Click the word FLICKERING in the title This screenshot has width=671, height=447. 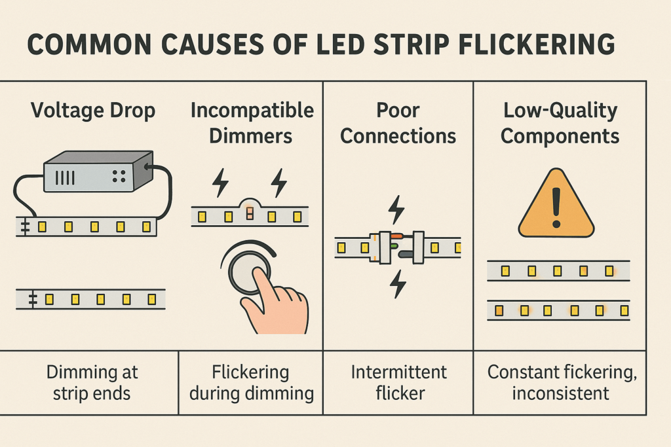click(537, 44)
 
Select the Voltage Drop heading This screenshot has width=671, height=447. click(93, 111)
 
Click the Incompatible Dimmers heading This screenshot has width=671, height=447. click(252, 123)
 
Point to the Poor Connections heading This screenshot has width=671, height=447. click(398, 123)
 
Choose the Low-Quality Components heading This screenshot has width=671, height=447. click(560, 123)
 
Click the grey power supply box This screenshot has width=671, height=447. click(98, 171)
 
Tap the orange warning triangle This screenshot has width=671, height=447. click(556, 204)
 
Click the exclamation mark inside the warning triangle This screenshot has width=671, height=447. click(556, 207)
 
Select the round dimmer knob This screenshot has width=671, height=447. click(249, 270)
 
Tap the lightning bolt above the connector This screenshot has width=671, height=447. click(396, 210)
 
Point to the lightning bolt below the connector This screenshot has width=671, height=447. click(398, 284)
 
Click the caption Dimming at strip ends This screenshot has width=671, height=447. click(92, 382)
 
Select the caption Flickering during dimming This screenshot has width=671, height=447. click(251, 382)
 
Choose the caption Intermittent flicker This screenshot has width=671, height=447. click(399, 382)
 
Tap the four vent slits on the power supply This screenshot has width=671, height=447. click(65, 177)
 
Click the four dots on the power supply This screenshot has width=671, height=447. click(119, 176)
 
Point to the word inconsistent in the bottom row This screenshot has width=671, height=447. click(560, 393)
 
